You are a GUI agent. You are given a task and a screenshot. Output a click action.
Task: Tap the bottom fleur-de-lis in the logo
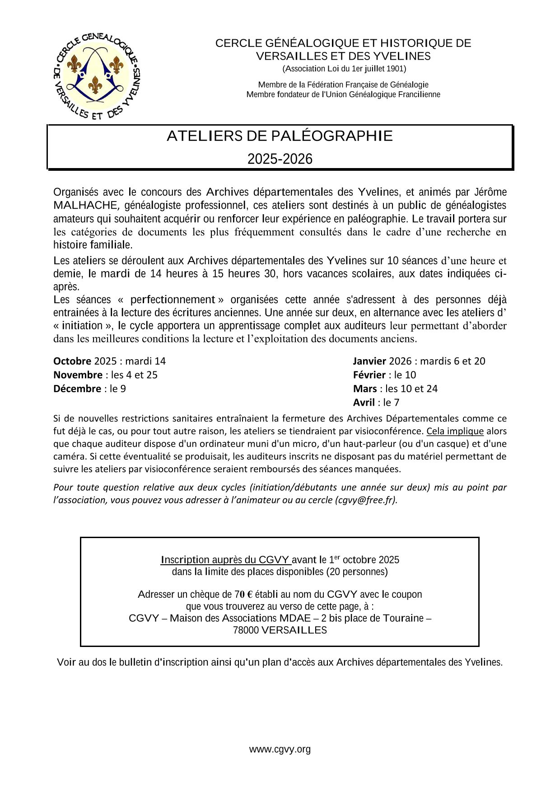pos(95,84)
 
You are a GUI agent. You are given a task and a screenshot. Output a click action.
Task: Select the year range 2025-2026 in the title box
pos(280,159)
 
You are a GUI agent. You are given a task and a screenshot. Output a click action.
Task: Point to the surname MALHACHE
pos(85,205)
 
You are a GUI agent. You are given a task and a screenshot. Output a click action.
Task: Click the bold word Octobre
pos(72,361)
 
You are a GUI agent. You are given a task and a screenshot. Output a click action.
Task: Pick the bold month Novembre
pos(78,375)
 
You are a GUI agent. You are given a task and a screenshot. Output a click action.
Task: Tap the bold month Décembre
pos(77,389)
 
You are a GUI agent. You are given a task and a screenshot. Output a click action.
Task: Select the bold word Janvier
pos(369,361)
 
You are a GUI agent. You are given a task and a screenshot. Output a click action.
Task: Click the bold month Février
pos(369,375)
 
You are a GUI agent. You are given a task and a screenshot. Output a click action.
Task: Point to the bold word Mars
pos(365,389)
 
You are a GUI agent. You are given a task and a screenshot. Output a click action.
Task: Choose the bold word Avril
pos(364,403)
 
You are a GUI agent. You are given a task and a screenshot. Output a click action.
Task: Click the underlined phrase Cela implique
pos(455,431)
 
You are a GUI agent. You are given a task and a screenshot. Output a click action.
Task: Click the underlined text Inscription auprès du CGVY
pos(226,560)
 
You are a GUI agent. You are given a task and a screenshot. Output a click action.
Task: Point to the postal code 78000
pos(246,630)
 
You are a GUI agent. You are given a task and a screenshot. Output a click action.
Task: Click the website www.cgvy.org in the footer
pos(280,750)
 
